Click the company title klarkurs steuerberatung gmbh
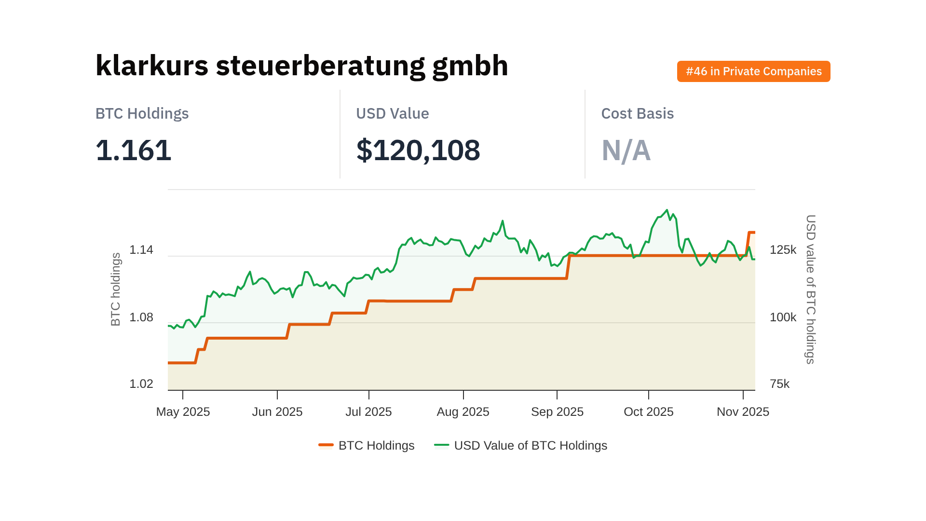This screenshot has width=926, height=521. click(x=301, y=66)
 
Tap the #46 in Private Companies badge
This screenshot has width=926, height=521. click(x=753, y=71)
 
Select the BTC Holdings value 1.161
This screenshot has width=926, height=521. click(x=134, y=150)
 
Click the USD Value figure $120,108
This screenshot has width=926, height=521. click(x=418, y=150)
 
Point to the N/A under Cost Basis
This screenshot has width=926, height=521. click(x=626, y=151)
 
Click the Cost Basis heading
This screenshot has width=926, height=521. click(x=637, y=113)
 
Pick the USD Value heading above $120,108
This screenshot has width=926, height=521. click(x=392, y=113)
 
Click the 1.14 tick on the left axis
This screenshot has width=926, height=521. click(x=141, y=250)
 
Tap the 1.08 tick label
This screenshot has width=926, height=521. click(x=141, y=317)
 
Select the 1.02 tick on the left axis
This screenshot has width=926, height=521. click(x=141, y=384)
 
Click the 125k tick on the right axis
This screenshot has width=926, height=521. click(x=783, y=250)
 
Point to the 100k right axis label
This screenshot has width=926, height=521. click(x=783, y=317)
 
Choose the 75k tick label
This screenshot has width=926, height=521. click(x=779, y=384)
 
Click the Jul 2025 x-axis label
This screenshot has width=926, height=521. click(x=368, y=411)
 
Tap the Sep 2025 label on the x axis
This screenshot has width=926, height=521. click(x=557, y=411)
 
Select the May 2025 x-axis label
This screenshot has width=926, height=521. click(x=183, y=411)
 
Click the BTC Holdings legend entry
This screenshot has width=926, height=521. click(x=367, y=445)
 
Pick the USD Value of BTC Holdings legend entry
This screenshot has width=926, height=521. click(x=521, y=445)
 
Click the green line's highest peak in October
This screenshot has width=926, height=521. click(x=667, y=210)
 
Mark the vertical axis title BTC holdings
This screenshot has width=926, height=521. click(x=116, y=289)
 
